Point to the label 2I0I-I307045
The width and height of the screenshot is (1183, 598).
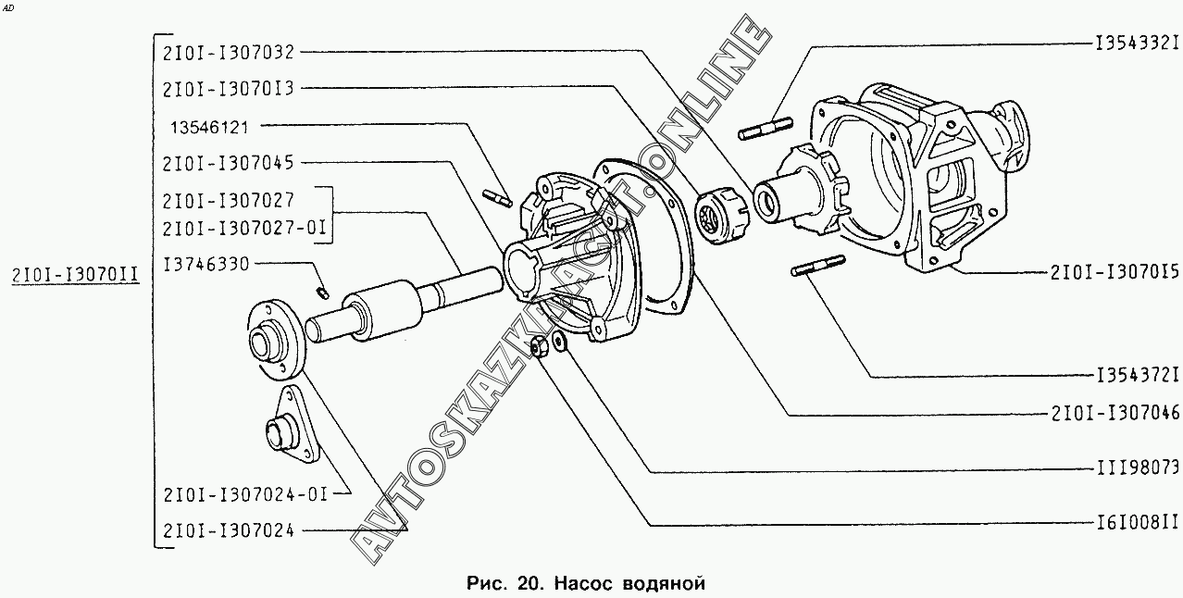[x=228, y=163]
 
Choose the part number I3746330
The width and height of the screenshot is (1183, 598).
[x=205, y=265]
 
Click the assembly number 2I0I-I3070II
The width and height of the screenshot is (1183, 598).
[x=75, y=274]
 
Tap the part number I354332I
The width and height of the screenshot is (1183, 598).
[x=1136, y=43]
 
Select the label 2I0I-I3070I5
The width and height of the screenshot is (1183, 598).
[x=1115, y=273]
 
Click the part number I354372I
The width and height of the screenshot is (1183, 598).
[x=1136, y=376]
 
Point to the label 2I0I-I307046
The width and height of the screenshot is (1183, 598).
[x=1115, y=414]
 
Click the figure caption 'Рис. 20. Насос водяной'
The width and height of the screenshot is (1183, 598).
[x=587, y=582]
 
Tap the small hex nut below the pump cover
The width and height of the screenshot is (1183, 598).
[x=538, y=348]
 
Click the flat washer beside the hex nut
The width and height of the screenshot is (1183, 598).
[x=559, y=343]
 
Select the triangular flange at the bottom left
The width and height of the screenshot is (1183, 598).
[x=291, y=429]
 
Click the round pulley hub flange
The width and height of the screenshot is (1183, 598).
[x=273, y=339]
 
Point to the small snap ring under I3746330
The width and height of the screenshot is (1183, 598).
[x=322, y=293]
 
